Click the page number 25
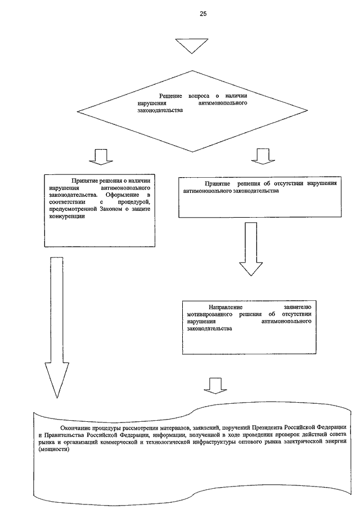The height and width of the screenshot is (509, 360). [x=203, y=13]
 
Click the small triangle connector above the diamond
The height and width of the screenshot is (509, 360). [x=191, y=46]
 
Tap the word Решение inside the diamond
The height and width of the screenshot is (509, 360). [x=170, y=96]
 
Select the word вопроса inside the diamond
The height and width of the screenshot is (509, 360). [x=199, y=96]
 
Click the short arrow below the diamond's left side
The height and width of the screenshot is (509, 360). [x=101, y=157]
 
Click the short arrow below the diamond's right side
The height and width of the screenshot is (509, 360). [x=263, y=156]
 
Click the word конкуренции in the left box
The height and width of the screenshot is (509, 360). [x=67, y=216]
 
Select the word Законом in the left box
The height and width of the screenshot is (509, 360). [x=110, y=209]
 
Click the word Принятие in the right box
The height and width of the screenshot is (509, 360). [x=218, y=183]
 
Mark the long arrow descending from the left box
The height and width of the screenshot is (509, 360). [x=57, y=327]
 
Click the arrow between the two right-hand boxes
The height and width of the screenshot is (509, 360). [x=251, y=249]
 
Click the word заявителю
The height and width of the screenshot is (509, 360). [x=298, y=307]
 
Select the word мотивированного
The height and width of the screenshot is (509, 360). [x=209, y=314]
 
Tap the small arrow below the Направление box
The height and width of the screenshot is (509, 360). [x=215, y=386]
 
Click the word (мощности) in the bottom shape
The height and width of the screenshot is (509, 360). [x=54, y=449]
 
